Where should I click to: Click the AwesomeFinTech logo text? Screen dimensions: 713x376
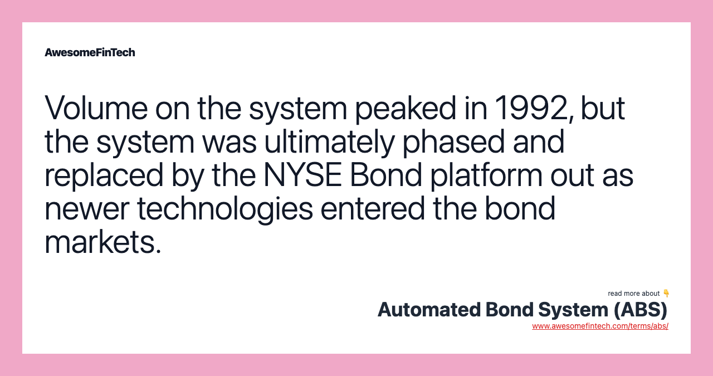point(90,52)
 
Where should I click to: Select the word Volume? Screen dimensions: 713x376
point(96,108)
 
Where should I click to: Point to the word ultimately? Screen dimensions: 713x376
point(329,142)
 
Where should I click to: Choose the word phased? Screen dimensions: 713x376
point(453,142)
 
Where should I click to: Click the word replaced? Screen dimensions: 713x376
point(104,175)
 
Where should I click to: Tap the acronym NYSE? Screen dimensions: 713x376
point(302,175)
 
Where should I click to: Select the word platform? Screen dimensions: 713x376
point(486,175)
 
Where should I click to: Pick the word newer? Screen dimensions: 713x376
point(87,209)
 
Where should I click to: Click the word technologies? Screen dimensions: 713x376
point(225,209)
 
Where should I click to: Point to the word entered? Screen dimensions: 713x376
point(373,208)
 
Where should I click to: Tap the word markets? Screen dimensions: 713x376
point(102,242)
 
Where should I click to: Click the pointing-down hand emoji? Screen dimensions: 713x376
point(666,293)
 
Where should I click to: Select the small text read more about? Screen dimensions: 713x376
point(633,294)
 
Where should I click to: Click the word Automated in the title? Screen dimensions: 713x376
point(429,310)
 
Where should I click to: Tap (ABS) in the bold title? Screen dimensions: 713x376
point(641,310)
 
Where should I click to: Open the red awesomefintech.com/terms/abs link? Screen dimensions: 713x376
point(600,326)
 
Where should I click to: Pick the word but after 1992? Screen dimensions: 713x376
point(603,109)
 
